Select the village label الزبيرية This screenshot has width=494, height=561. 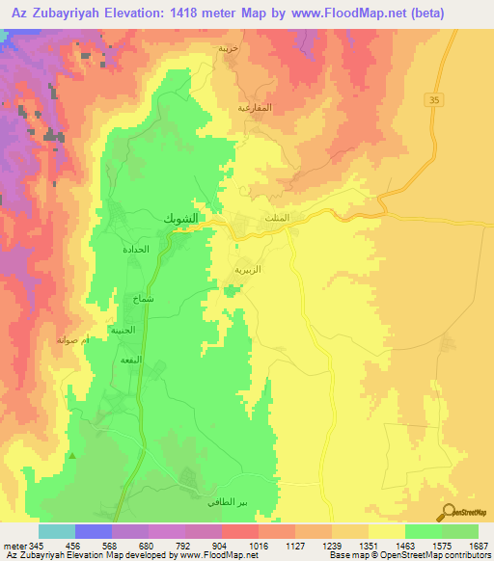(249, 270)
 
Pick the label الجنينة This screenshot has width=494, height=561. (123, 330)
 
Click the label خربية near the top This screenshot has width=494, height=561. (228, 47)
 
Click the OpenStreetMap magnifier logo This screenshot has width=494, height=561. (449, 513)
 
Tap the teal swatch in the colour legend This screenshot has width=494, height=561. (57, 531)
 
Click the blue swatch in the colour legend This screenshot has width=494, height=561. (94, 531)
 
